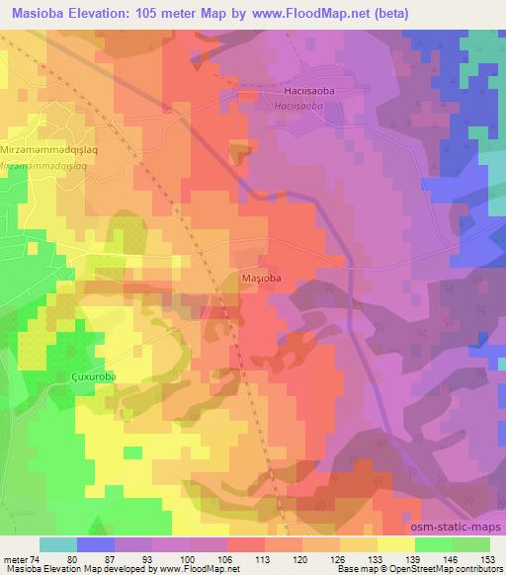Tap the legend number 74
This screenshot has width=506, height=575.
tap(37, 559)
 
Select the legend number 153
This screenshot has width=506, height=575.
tap(487, 559)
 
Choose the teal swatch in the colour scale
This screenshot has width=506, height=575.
tap(58, 544)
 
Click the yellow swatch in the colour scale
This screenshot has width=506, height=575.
tap(395, 544)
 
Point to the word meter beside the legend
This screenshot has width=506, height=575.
tap(14, 559)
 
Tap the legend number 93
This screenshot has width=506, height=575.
tap(152, 559)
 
